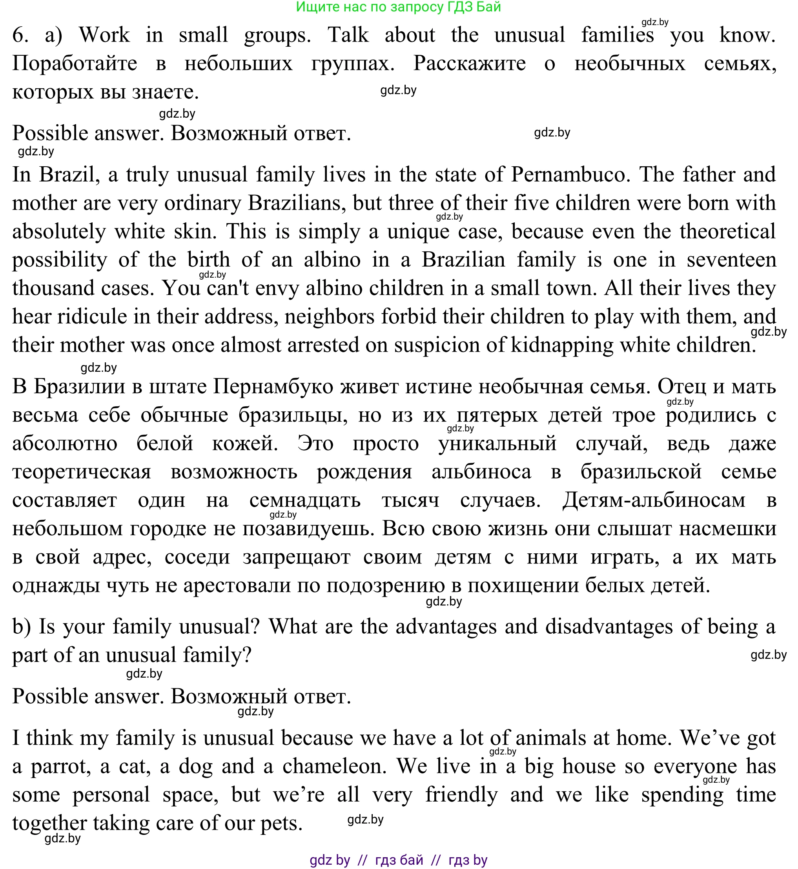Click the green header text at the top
[x=398, y=7]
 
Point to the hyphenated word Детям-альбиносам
[x=654, y=500]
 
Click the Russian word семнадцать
[x=305, y=500]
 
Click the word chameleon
[x=335, y=766]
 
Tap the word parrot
[x=61, y=766]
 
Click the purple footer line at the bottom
[x=398, y=860]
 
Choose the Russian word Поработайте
[x=75, y=64]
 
